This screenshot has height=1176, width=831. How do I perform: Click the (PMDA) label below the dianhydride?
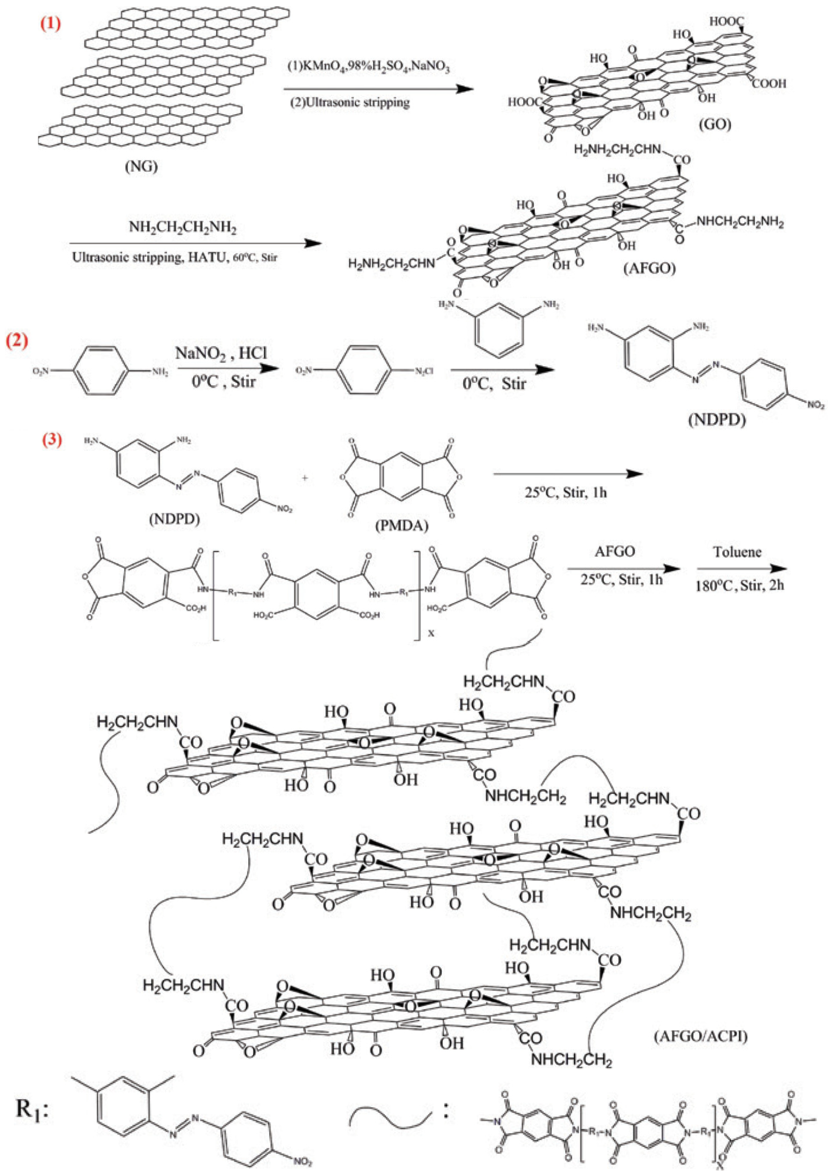401,525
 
